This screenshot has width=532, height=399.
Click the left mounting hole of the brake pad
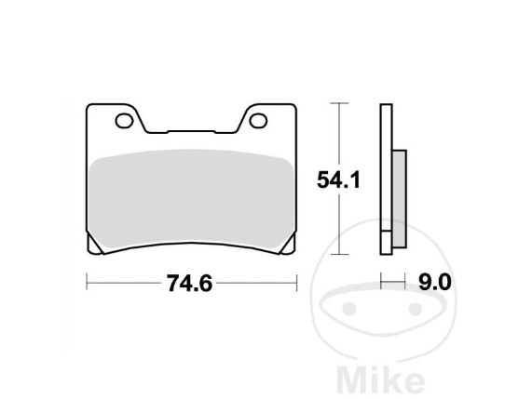(124, 121)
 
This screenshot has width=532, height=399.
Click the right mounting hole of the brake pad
(258, 121)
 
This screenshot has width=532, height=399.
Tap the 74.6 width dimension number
(189, 283)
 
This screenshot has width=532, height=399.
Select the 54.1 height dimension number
(338, 180)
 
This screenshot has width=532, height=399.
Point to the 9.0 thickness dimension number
(435, 282)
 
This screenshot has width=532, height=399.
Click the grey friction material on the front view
(192, 200)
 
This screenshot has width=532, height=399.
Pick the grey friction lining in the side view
(400, 199)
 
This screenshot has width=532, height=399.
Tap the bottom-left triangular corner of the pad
(95, 245)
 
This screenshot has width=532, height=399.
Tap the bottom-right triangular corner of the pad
(289, 246)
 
